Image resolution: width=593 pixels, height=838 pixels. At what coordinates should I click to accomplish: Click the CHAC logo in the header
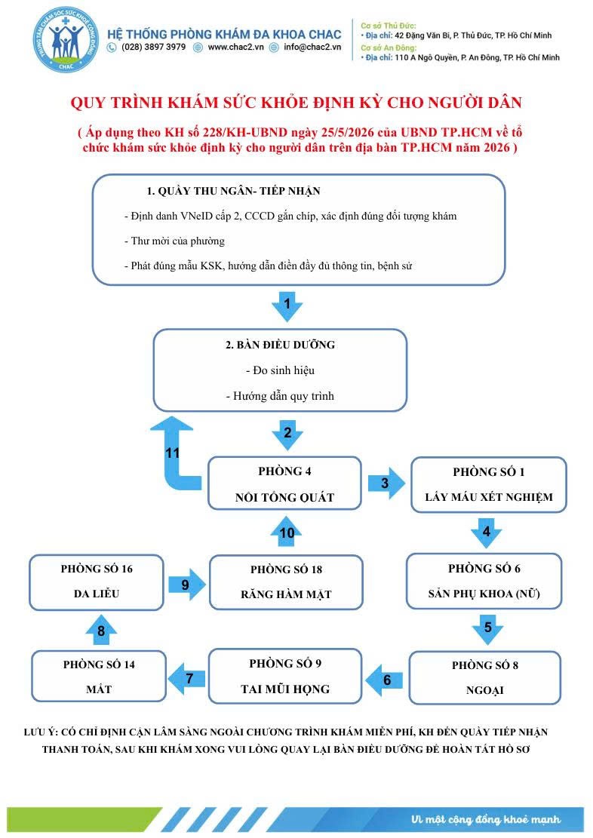tap(66, 39)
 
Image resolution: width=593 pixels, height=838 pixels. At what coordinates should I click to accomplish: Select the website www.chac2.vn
tap(236, 47)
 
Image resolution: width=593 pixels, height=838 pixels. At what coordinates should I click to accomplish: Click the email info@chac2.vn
tap(312, 47)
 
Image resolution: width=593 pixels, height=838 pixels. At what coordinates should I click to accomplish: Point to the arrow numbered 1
tap(287, 306)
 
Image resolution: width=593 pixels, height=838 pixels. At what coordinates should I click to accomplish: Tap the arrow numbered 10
tap(287, 531)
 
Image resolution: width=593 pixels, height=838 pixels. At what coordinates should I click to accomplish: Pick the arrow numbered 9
tap(186, 584)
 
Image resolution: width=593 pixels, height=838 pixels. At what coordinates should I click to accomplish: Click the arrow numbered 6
tap(384, 680)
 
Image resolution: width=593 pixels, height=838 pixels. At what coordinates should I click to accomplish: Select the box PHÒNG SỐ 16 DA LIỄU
tap(97, 582)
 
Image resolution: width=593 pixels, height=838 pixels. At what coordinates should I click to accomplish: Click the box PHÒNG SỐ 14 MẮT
tap(99, 676)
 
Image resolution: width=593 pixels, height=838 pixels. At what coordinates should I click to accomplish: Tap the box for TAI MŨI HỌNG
tap(285, 676)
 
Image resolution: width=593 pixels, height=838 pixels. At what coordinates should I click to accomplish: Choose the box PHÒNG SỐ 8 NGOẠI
tap(485, 677)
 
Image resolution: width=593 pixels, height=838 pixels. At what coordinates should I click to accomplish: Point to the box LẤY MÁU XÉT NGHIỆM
tap(488, 485)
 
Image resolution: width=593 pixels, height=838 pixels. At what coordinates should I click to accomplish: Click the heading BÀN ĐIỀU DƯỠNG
tap(280, 345)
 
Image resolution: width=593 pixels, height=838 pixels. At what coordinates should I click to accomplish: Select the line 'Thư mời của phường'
tap(174, 241)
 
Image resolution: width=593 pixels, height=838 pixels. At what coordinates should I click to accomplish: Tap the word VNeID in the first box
tap(196, 216)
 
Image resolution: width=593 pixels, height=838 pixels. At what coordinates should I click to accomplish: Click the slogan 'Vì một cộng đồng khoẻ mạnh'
tap(486, 819)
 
